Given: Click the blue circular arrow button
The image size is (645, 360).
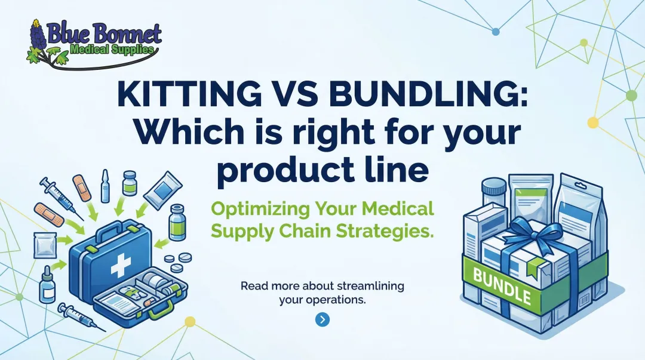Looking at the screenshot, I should click(322, 320).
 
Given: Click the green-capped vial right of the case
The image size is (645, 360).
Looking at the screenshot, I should click(177, 223).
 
